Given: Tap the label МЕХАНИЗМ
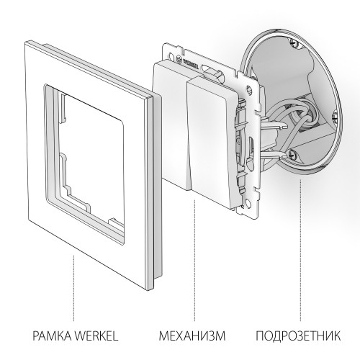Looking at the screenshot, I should click(x=191, y=336).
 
